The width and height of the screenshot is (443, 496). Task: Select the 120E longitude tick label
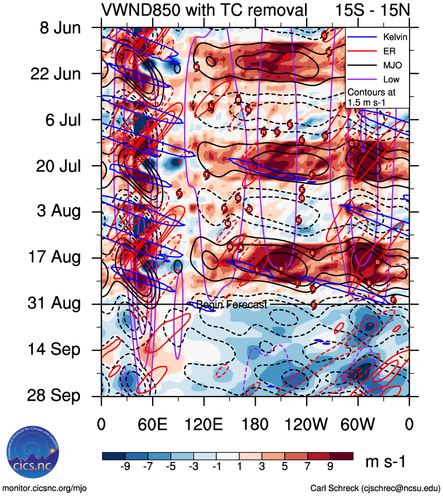(204, 424)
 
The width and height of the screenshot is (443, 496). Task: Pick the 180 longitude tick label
(255, 424)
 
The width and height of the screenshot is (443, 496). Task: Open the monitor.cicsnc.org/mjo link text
(44, 488)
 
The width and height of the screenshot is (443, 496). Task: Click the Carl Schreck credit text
(375, 488)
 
